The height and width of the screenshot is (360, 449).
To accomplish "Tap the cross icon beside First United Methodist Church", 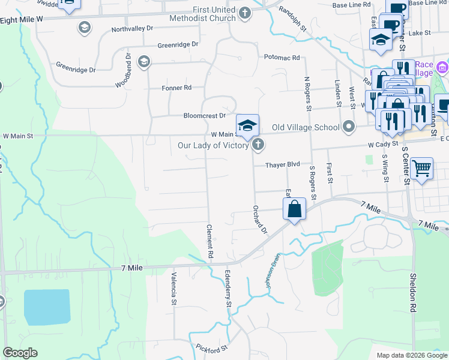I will tap(244, 13).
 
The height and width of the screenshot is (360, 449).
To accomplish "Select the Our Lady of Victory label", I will tap(213, 145).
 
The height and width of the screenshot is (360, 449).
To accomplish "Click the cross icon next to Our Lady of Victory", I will tap(258, 144).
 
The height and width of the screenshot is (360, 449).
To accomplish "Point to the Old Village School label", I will tap(306, 127).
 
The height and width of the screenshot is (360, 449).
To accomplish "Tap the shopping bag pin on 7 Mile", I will tap(294, 210).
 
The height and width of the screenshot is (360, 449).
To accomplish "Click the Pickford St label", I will tap(212, 348).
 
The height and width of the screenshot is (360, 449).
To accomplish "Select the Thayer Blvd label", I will tap(283, 164).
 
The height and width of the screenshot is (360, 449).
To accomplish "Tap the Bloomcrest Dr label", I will tap(204, 115).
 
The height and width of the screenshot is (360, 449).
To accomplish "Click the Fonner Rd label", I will tap(176, 88).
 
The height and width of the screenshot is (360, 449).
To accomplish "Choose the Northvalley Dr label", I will tap(133, 29).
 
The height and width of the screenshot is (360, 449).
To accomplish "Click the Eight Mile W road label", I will tap(22, 20).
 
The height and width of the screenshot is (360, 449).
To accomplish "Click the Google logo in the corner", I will tap(20, 353).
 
